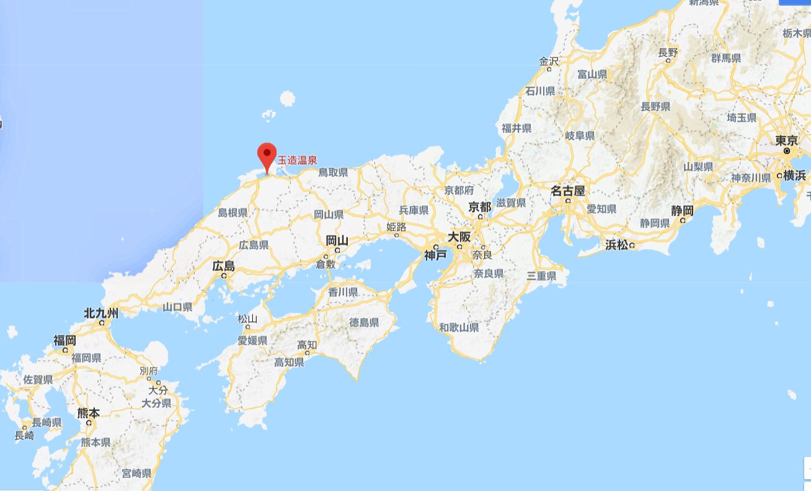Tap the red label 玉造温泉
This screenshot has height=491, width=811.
pos(297,160)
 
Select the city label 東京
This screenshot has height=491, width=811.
pos(787,141)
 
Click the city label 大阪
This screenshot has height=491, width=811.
pos(459,237)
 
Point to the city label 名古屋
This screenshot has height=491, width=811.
pos(568,191)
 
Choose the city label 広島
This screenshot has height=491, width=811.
pos(224,266)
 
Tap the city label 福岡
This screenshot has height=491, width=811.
pos(64,340)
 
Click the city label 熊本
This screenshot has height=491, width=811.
pos(88,413)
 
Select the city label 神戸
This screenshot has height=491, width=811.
pos(435,255)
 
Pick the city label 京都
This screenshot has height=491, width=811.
pos(480,207)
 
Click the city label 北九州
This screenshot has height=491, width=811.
pos(101,313)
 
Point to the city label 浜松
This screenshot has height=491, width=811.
pos(617,245)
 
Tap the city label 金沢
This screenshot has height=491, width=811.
pos(549,61)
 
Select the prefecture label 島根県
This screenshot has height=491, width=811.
pos(233,213)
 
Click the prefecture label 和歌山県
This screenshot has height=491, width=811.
pos(459,327)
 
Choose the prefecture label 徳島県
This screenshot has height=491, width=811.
pos(364,322)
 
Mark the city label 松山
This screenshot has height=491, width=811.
pos(247,319)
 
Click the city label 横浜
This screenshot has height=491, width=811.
pos(794,175)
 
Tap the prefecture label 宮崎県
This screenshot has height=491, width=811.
pos(136,474)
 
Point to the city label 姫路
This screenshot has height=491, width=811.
pos(396,227)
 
